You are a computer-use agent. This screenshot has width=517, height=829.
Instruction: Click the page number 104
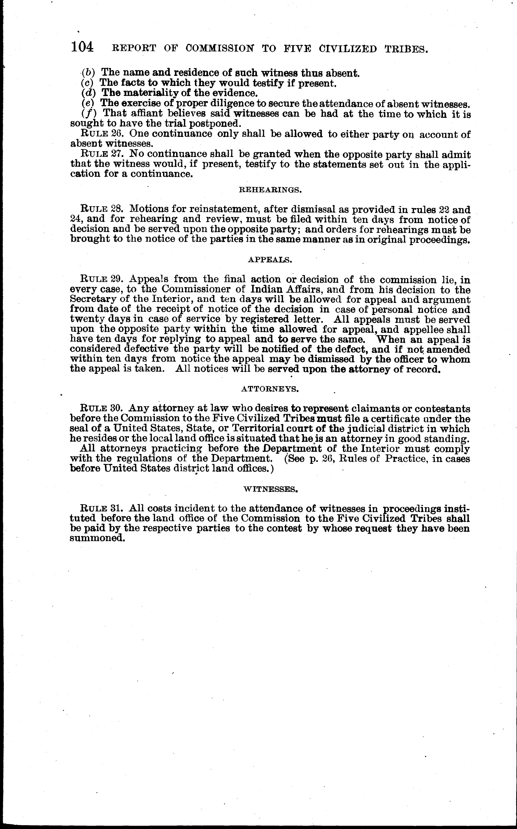(82, 47)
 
